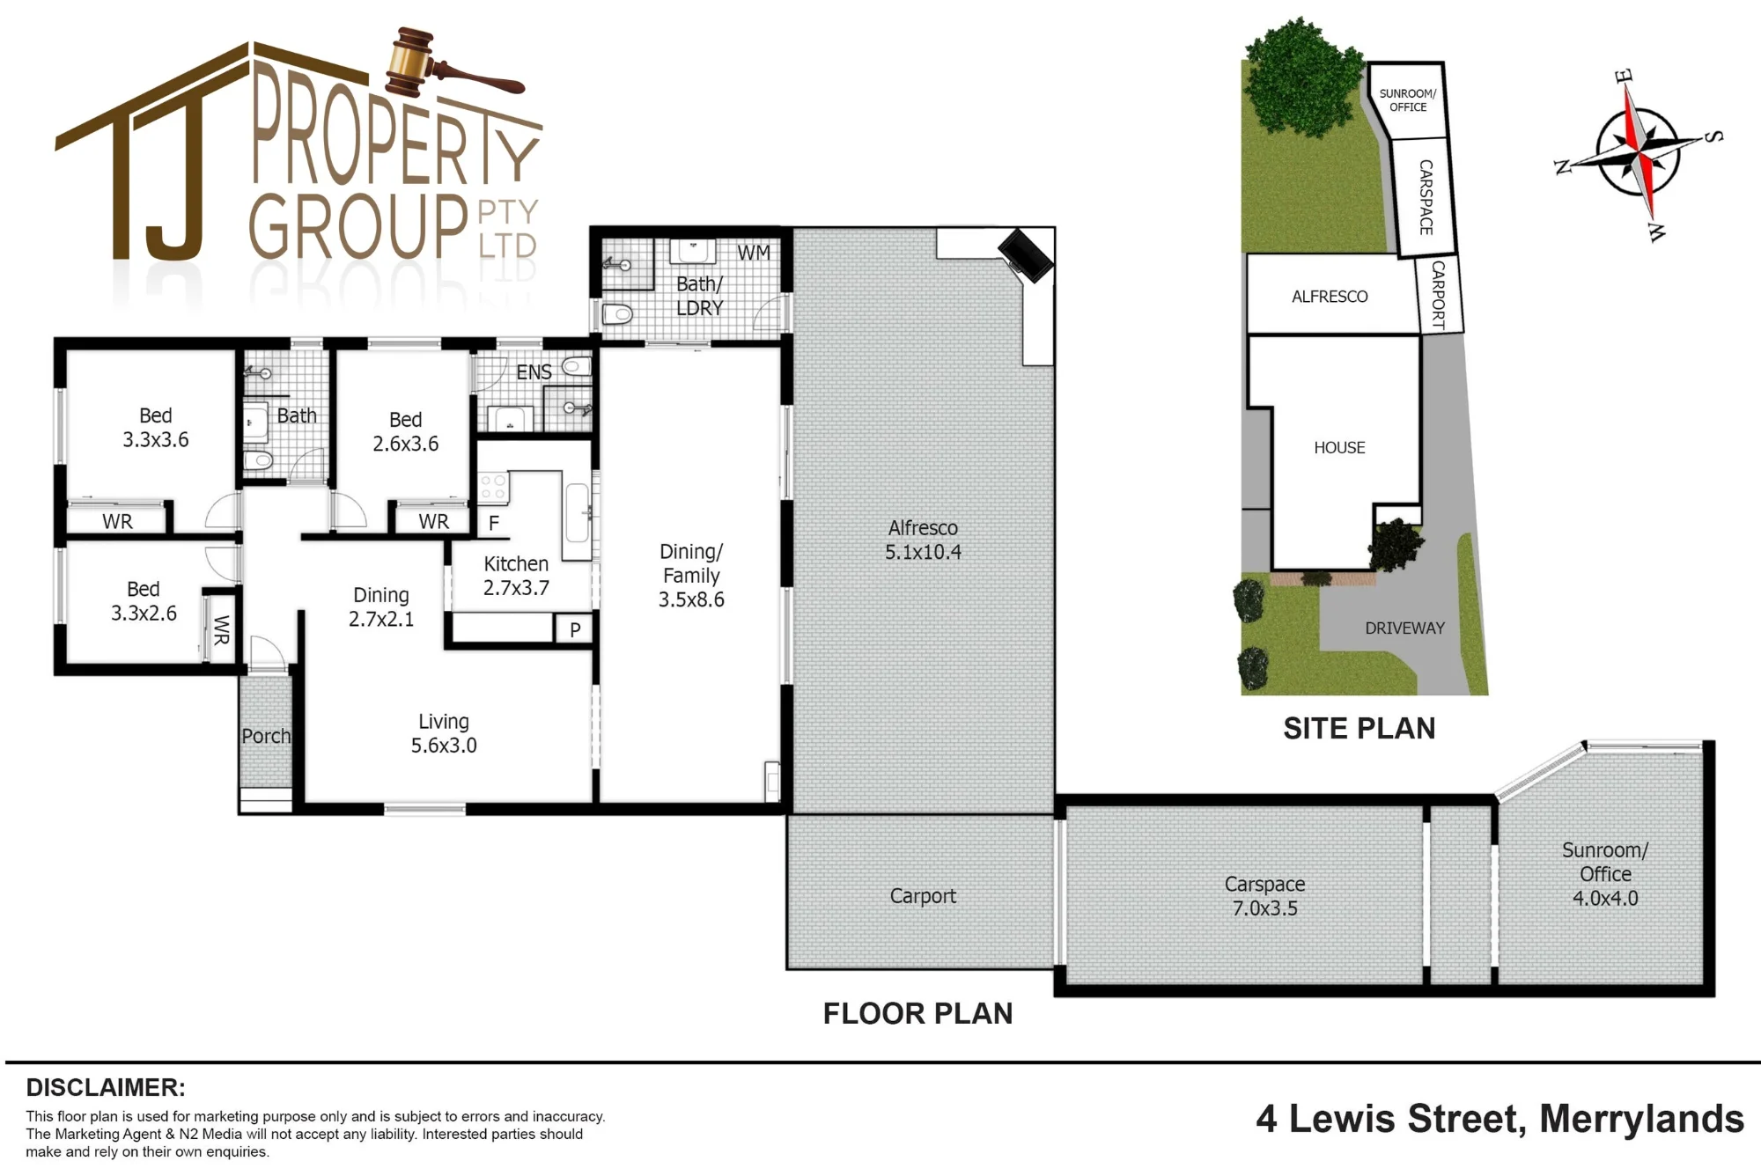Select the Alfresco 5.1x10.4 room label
tap(923, 540)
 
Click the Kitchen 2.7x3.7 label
tap(516, 576)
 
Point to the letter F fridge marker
tap(494, 523)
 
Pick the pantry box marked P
tap(574, 629)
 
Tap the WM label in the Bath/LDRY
tap(754, 254)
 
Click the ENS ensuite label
tap(534, 372)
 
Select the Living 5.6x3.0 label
tap(444, 733)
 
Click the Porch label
tap(266, 736)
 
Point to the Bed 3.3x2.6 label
tap(144, 600)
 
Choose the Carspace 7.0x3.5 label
tap(1264, 896)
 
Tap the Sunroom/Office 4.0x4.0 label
tap(1605, 874)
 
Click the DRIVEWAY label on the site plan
tap(1404, 628)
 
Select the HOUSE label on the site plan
tap(1339, 447)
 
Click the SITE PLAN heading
tap(1359, 728)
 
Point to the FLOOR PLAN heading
tap(917, 1013)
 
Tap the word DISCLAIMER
tap(106, 1087)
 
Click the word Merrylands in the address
tap(1641, 1119)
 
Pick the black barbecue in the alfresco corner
tap(1026, 254)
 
